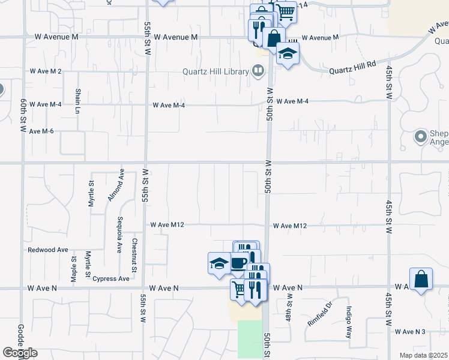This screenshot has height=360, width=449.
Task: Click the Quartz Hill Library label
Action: click(216, 72)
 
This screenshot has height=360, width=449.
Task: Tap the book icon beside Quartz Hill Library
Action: click(258, 72)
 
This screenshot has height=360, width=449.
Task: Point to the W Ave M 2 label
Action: click(46, 71)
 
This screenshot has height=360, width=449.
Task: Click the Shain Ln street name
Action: click(78, 101)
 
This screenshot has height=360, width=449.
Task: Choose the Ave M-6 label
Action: click(41, 131)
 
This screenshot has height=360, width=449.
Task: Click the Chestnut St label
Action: click(134, 254)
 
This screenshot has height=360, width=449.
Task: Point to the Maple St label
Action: click(74, 269)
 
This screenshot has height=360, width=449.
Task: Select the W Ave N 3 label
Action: click(410, 331)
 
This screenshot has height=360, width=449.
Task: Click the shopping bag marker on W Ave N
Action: click(421, 279)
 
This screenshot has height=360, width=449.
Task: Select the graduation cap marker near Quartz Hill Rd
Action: click(288, 54)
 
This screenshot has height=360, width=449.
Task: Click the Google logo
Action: click(20, 353)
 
